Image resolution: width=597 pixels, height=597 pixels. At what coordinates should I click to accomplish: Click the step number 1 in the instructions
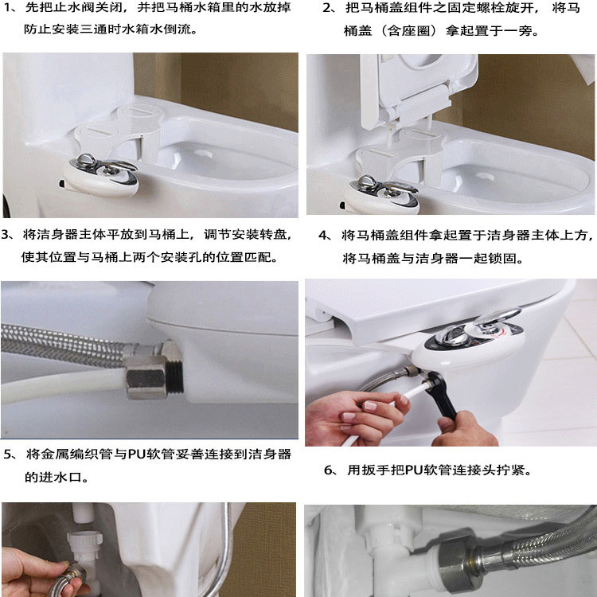[x=7, y=7]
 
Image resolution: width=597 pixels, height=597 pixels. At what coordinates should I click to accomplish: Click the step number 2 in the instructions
[x=326, y=8]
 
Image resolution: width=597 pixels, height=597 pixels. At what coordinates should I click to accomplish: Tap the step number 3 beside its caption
[x=6, y=235]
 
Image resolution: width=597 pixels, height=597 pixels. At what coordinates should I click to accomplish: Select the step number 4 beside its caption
[x=323, y=236]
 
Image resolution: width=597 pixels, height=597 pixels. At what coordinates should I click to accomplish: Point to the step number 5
[x=8, y=455]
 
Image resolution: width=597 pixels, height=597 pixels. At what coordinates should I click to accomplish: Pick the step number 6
[x=329, y=470]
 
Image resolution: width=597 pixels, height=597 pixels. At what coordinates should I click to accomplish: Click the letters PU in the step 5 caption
[x=135, y=455]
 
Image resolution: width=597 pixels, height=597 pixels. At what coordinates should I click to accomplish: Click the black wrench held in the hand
[x=442, y=395]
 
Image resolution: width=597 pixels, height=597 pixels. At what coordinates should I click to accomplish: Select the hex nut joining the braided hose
[x=146, y=377]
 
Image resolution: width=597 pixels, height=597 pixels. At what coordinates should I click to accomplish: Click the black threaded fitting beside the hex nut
[x=174, y=377]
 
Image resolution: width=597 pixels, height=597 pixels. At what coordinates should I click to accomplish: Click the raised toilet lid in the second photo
[x=419, y=88]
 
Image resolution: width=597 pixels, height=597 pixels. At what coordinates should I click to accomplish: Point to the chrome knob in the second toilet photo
[x=384, y=189]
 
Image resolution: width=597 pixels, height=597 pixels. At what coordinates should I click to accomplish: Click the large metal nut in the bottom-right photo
[x=456, y=563]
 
